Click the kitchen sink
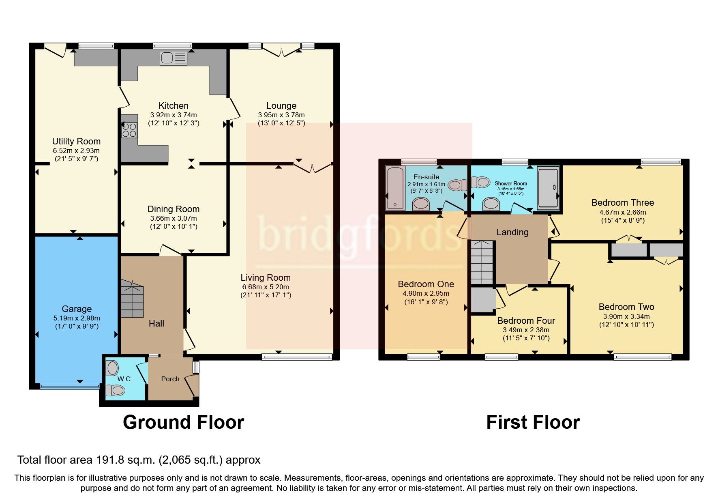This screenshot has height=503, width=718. point(173,58)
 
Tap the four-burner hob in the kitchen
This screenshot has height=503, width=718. point(129,130)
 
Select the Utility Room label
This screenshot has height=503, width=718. point(76,141)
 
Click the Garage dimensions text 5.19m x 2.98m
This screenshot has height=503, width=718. point(77,318)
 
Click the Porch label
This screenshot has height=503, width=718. point(170,379)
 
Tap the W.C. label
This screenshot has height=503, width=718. point(125,379)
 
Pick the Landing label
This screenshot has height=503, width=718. point(512,232)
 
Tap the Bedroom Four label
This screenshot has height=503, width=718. point(526,320)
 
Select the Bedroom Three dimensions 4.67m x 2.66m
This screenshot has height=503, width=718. point(623,212)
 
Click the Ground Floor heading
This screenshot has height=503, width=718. point(183,422)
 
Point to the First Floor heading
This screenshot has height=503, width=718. point(533,422)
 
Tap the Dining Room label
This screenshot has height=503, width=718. point(174,209)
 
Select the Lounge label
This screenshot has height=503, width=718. point(281,105)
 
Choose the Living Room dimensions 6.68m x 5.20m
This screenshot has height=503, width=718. point(266,287)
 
